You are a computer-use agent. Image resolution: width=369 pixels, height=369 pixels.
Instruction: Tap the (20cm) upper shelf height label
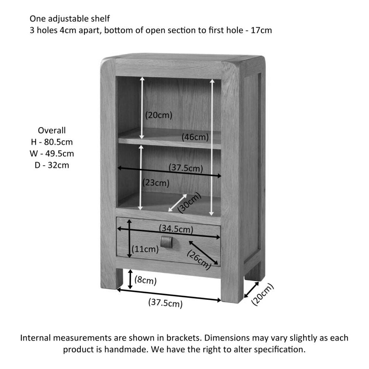[159, 115]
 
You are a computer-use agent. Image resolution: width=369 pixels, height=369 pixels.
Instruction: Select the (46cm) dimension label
[195, 137]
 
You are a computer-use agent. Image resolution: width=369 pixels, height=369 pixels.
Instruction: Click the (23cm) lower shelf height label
[156, 182]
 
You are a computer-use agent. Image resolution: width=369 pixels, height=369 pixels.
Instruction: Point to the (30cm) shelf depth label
[189, 203]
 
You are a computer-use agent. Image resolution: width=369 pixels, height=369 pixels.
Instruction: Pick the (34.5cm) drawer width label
[176, 229]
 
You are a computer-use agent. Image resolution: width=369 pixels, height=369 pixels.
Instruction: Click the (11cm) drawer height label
[146, 249]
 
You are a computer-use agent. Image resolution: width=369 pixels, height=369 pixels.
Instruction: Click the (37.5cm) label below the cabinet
[166, 303]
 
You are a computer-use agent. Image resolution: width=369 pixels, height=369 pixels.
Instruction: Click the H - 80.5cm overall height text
[52, 142]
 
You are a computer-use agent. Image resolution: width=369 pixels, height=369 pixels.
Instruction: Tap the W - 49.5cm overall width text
[52, 153]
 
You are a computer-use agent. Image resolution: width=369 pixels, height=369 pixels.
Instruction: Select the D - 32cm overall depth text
[52, 165]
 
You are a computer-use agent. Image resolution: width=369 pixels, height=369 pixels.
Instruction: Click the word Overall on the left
[52, 130]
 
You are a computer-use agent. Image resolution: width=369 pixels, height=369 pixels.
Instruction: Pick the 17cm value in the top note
[261, 30]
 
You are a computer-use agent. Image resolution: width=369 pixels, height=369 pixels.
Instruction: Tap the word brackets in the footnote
[182, 338]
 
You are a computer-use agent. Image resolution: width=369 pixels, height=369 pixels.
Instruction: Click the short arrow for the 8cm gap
[130, 279]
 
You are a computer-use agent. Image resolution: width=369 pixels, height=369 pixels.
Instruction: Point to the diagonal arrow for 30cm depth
[177, 203]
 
